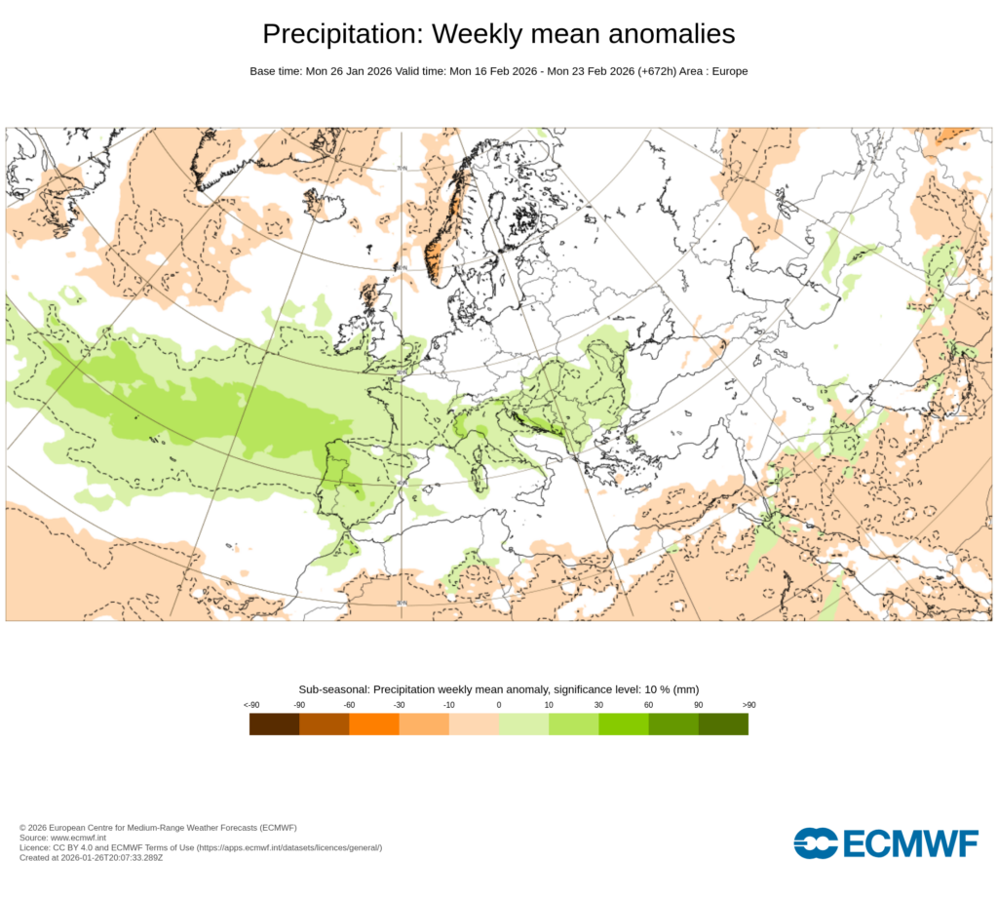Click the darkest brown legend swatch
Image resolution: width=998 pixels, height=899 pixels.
pyautogui.click(x=274, y=723)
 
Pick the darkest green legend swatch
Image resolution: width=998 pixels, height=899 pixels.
pyautogui.click(x=723, y=723)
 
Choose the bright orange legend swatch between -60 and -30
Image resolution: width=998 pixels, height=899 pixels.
pyautogui.click(x=373, y=723)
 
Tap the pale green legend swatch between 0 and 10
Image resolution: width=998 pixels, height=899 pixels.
pyautogui.click(x=523, y=723)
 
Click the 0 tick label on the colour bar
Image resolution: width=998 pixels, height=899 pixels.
pyautogui.click(x=499, y=704)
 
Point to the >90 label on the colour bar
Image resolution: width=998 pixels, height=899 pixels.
pyautogui.click(x=748, y=704)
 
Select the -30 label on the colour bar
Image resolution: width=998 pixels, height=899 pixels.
pyautogui.click(x=399, y=704)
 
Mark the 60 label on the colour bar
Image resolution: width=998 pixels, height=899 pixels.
pyautogui.click(x=648, y=704)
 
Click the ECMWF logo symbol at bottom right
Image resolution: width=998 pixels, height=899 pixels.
pyautogui.click(x=816, y=843)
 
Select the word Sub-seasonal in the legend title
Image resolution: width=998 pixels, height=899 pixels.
pyautogui.click(x=333, y=689)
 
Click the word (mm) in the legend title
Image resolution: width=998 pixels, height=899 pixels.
pyautogui.click(x=686, y=689)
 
